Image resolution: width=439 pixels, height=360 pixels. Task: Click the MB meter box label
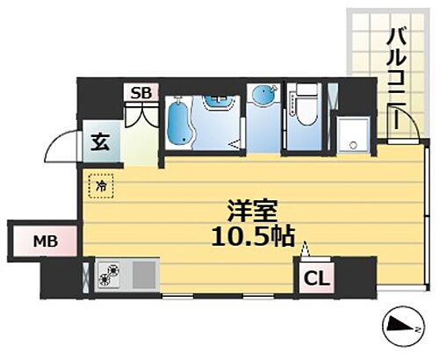44,239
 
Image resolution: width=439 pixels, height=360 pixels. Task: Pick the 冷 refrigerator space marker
100,187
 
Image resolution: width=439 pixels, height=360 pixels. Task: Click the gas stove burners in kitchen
112,276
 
